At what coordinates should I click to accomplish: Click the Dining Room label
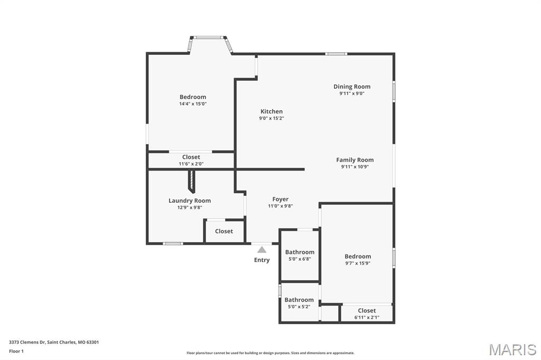click(351, 87)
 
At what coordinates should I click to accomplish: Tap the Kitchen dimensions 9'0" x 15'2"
click(272, 118)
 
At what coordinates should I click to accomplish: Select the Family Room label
click(355, 159)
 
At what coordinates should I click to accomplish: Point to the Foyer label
click(280, 200)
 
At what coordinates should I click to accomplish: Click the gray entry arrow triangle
click(262, 249)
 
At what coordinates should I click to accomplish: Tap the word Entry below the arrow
click(262, 260)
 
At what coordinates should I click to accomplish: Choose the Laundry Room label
click(190, 201)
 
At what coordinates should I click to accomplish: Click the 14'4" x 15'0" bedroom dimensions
click(193, 104)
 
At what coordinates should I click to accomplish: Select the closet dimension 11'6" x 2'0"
click(191, 164)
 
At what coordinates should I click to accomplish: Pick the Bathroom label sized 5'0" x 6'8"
click(300, 252)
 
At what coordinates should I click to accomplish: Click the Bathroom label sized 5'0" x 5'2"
click(299, 300)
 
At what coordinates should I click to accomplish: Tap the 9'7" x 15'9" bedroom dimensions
click(358, 263)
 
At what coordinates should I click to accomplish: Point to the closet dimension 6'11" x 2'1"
click(367, 318)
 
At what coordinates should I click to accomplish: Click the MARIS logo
click(512, 349)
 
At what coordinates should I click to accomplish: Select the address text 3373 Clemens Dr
click(27, 343)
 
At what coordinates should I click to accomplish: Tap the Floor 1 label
click(16, 352)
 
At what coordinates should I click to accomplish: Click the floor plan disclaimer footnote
click(270, 353)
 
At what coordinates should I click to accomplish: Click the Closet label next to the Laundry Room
click(224, 231)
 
